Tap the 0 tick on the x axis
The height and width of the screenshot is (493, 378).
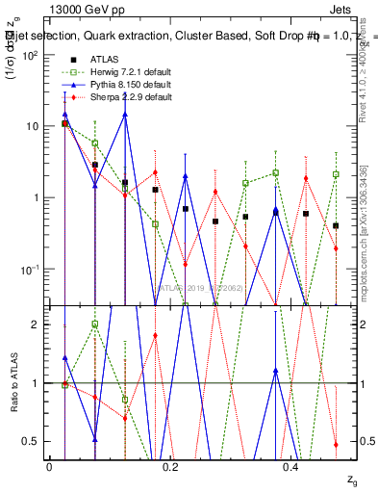(50, 466)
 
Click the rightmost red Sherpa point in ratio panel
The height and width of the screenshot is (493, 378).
(336, 445)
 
